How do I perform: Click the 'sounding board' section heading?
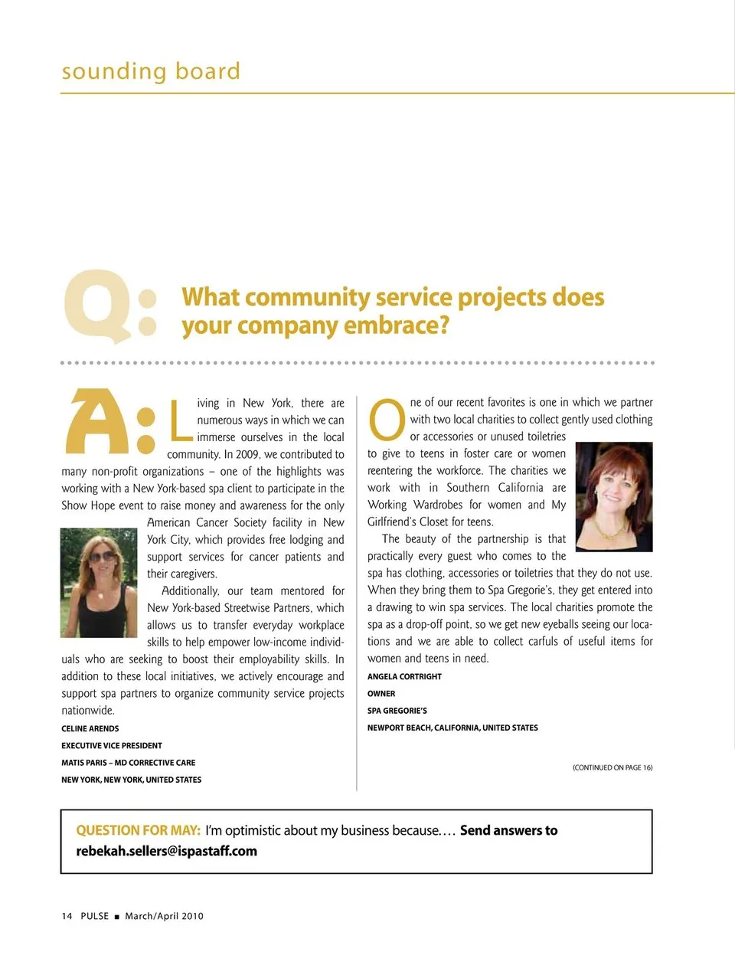[x=151, y=71]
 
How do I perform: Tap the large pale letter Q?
[x=98, y=305]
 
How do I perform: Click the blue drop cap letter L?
[x=180, y=420]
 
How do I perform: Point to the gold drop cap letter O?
[x=387, y=421]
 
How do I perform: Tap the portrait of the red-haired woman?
[x=613, y=496]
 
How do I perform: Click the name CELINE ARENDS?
[x=90, y=728]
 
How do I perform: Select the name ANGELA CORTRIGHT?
[x=404, y=676]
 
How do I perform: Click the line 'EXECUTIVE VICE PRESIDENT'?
[x=112, y=745]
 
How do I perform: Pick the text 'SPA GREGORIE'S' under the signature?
[x=397, y=711]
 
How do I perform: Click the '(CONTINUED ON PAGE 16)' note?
[x=612, y=767]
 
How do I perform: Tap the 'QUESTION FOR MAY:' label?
[x=139, y=830]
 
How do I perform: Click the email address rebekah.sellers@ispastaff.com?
[x=166, y=851]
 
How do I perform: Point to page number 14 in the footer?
[x=67, y=916]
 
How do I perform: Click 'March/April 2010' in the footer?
[x=164, y=916]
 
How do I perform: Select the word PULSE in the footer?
[x=95, y=916]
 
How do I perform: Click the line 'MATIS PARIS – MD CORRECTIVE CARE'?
[x=129, y=763]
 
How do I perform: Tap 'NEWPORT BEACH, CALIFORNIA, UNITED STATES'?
[x=452, y=728]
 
